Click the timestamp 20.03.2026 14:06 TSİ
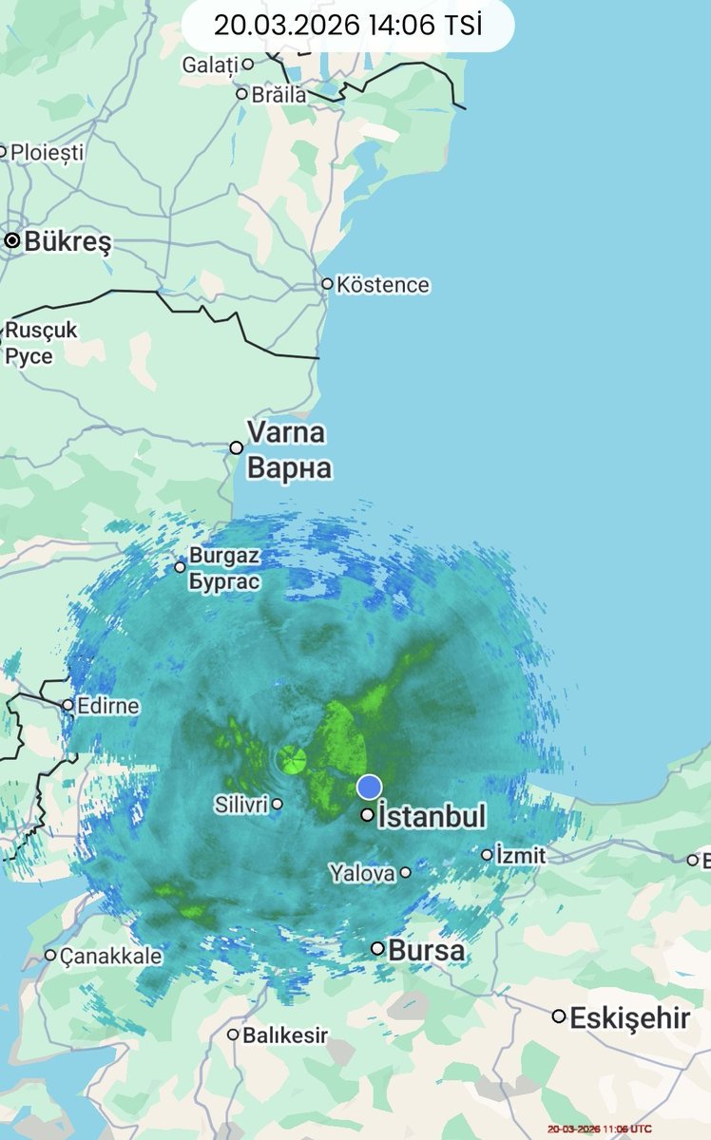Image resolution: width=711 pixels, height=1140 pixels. (x=348, y=26)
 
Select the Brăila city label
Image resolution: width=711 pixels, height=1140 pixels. (x=279, y=94)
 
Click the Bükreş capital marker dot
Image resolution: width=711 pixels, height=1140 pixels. (x=12, y=241)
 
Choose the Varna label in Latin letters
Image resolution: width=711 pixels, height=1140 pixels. (x=286, y=432)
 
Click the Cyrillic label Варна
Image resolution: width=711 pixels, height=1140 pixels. (x=289, y=468)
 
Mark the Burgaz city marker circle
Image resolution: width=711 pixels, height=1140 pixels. (x=180, y=567)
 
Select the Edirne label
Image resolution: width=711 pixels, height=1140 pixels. (x=108, y=706)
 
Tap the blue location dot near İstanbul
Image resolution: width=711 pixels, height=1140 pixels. (x=369, y=787)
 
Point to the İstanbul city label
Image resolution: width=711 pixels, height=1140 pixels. (x=432, y=816)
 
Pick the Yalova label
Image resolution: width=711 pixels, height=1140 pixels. (x=362, y=872)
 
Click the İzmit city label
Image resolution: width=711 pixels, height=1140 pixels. (x=521, y=855)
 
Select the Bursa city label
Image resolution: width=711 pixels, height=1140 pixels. (x=427, y=949)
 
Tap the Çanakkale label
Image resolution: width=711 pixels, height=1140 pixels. (x=111, y=956)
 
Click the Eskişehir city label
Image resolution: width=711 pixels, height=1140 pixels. (x=629, y=1018)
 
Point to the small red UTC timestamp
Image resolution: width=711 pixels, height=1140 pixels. (x=600, y=1128)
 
